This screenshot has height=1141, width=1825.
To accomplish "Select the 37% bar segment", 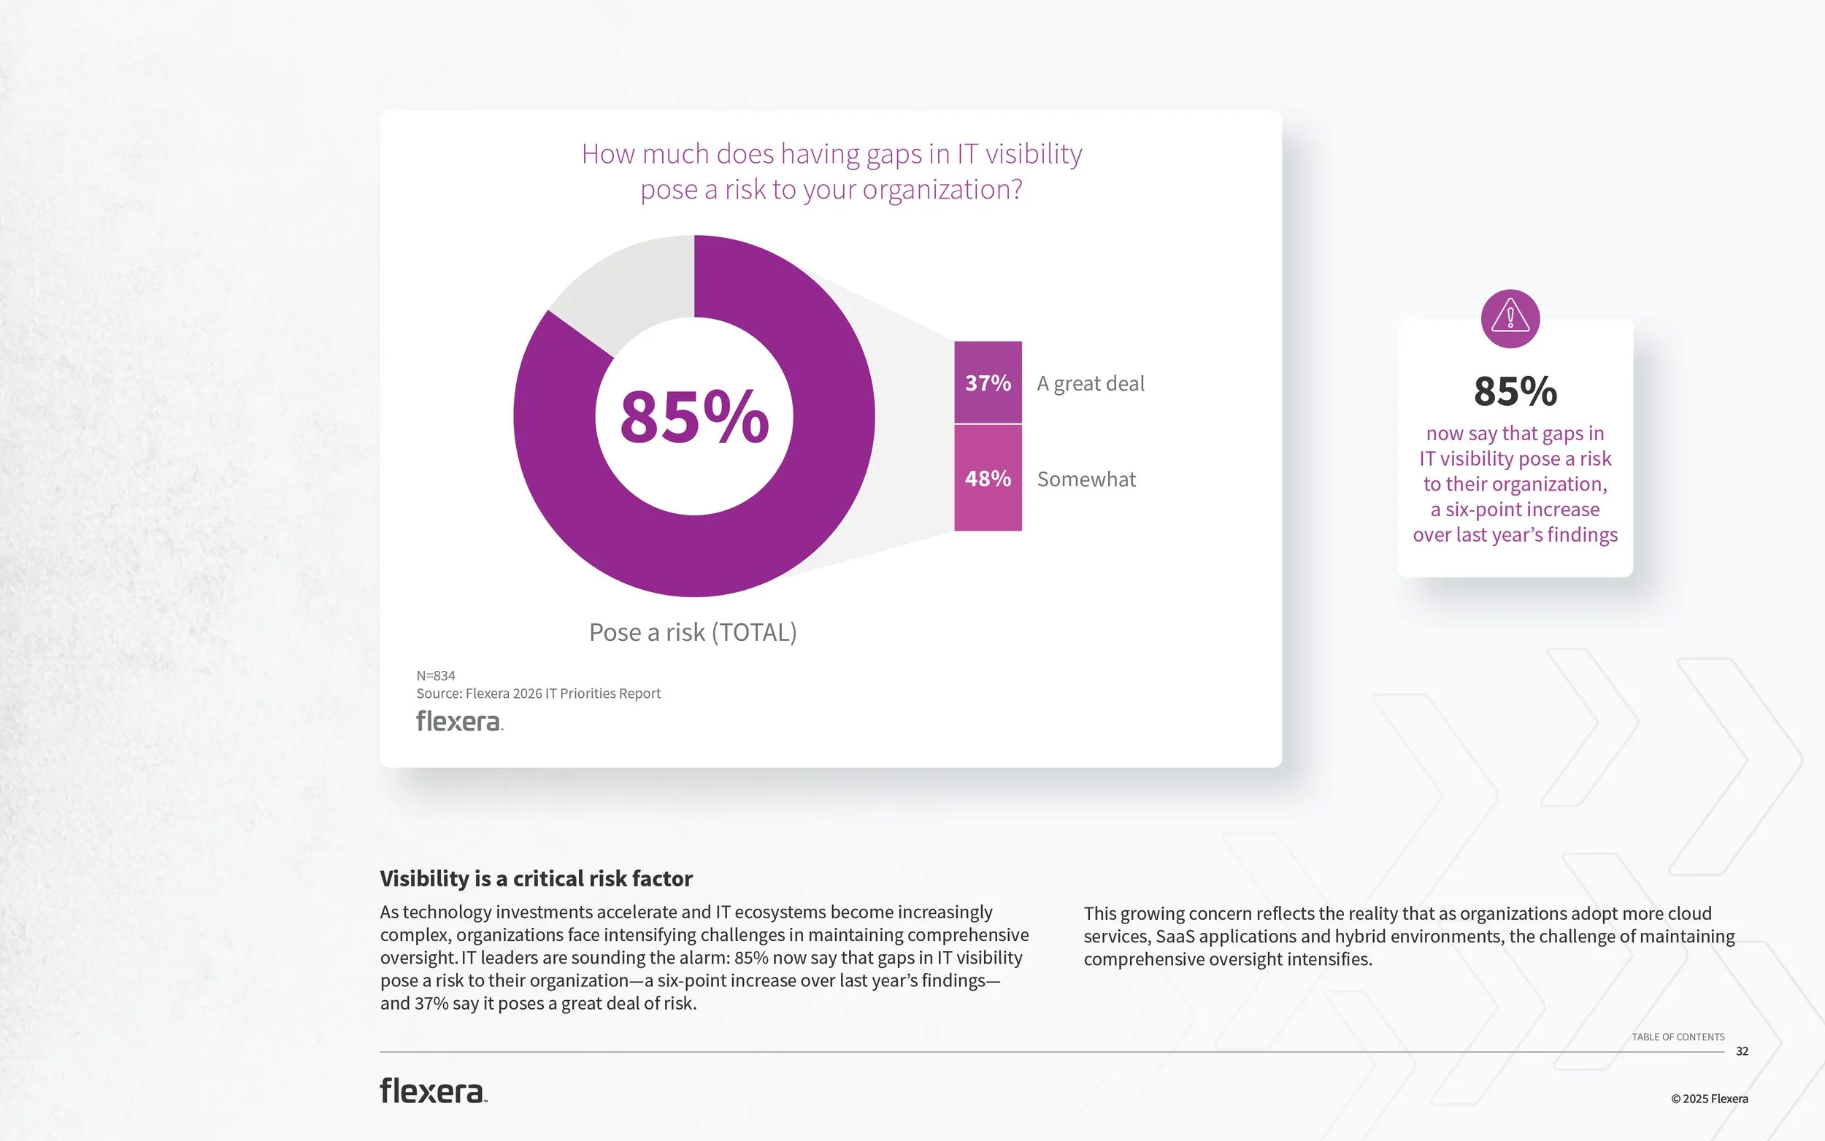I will click(988, 383).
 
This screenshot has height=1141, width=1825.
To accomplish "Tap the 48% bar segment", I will click(988, 478).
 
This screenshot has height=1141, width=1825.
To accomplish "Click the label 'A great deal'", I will click(1090, 383).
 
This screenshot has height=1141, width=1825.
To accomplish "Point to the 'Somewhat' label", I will click(1086, 479).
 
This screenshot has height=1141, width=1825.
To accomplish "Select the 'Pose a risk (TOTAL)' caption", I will click(693, 632).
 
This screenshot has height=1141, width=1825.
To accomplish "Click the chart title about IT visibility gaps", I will click(831, 172).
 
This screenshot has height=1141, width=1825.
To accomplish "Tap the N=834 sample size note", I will click(436, 675).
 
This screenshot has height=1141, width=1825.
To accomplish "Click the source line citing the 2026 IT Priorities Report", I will click(539, 694).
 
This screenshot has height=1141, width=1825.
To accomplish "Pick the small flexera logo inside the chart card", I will click(459, 721).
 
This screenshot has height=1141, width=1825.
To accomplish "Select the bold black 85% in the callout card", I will click(1515, 392).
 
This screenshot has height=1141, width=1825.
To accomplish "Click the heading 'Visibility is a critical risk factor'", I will click(537, 878).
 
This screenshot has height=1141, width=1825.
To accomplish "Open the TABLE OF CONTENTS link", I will click(1678, 1037).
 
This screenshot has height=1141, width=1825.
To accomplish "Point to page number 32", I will click(1742, 1051).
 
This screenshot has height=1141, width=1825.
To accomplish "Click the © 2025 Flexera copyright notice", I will click(1709, 1099).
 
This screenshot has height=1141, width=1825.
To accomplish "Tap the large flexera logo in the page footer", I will click(433, 1091).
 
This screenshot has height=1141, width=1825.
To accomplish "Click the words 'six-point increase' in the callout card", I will click(1523, 510).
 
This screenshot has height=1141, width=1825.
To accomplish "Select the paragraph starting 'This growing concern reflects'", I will click(1409, 936).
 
